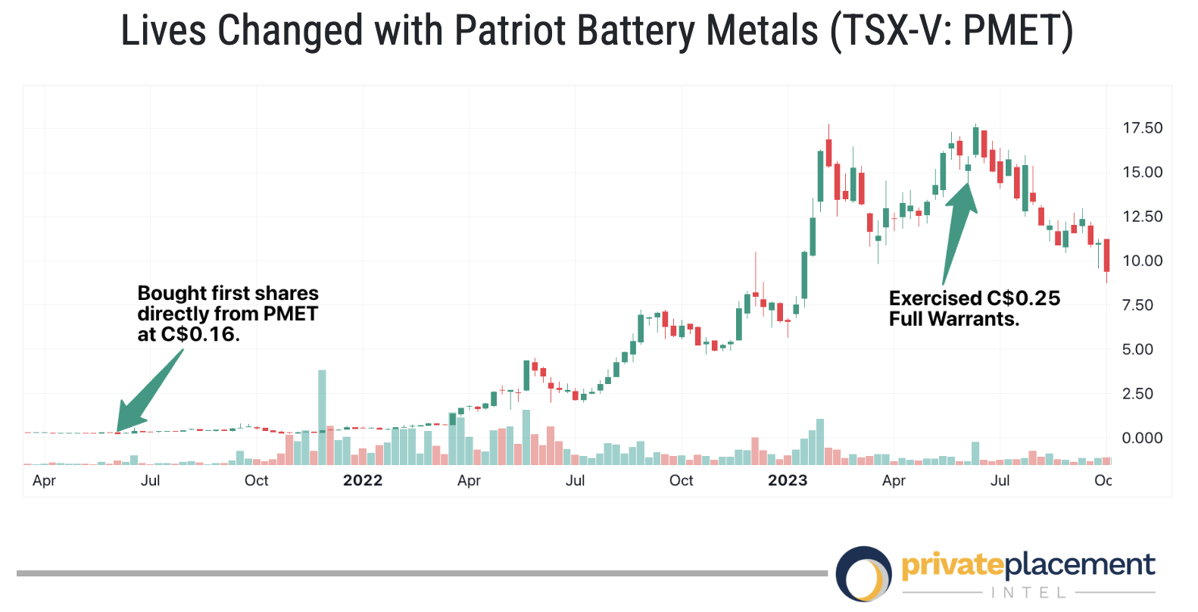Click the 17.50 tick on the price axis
click(x=1142, y=128)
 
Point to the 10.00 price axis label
click(x=1142, y=261)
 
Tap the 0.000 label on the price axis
click(x=1142, y=438)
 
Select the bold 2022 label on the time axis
click(x=363, y=480)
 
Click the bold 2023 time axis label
click(x=788, y=480)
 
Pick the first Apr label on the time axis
click(x=44, y=480)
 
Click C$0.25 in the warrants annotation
click(x=1023, y=298)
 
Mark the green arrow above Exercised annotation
click(x=958, y=227)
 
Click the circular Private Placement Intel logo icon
click(x=864, y=573)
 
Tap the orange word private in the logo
click(x=952, y=565)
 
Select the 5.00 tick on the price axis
click(x=1142, y=349)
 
